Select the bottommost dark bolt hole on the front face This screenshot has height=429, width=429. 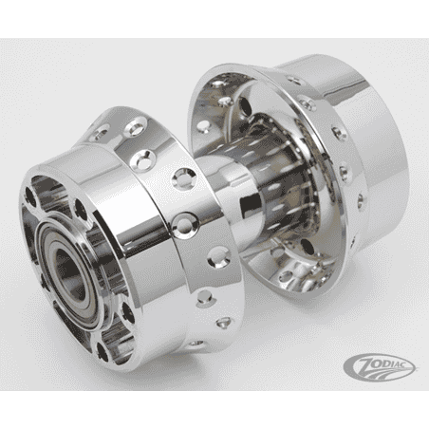[x=102, y=351]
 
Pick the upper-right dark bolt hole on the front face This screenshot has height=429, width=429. [x=81, y=210]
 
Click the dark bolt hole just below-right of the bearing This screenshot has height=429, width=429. [x=127, y=313]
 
